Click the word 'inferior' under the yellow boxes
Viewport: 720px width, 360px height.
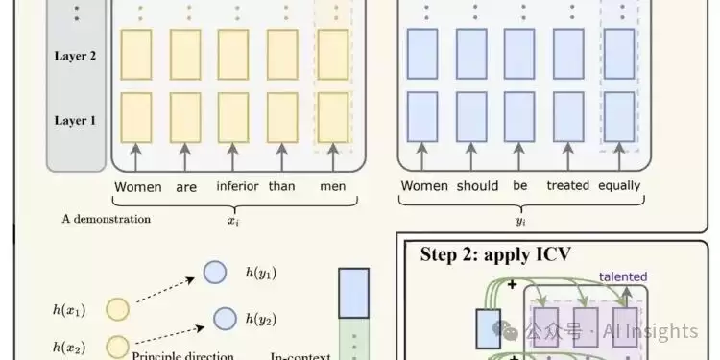point(237,186)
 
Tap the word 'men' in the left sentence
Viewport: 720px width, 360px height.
point(333,186)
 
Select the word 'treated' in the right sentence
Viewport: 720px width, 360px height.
point(568,185)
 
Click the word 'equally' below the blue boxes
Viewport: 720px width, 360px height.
point(619,186)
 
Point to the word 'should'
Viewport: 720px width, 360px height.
point(477,185)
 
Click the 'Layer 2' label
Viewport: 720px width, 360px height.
point(75,56)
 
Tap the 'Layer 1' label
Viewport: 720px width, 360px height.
point(75,120)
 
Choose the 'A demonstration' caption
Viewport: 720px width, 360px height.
point(106,219)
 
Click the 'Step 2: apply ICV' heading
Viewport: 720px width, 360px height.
point(495,254)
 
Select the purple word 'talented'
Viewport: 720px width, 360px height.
point(623,276)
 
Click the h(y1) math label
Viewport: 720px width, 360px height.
point(261,273)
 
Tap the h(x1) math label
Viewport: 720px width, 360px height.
point(69,310)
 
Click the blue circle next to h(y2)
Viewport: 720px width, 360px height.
point(226,319)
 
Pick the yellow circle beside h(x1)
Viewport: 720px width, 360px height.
point(117,309)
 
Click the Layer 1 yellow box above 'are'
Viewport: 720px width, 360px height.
point(185,117)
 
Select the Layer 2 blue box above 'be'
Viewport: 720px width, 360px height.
point(519,54)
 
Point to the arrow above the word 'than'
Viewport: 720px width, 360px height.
point(282,157)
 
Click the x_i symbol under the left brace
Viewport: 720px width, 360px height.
point(233,221)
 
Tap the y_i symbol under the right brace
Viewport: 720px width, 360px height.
point(520,222)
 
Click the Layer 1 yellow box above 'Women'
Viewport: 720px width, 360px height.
point(136,117)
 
